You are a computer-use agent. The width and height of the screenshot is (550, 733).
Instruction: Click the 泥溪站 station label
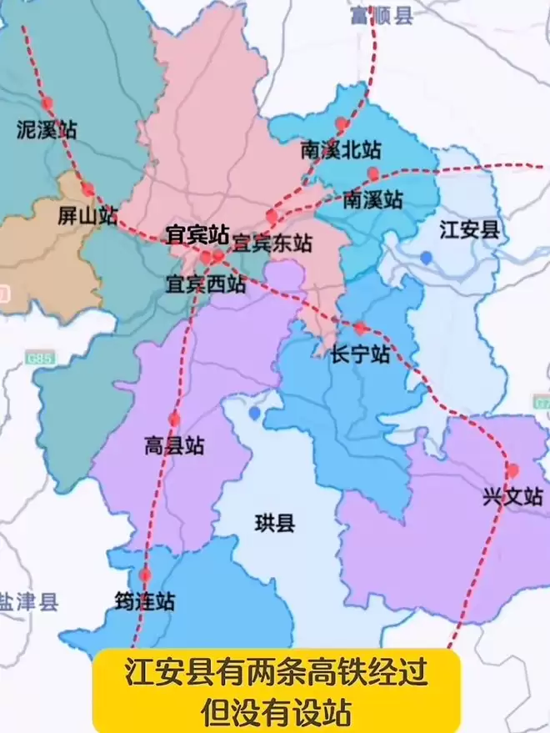pos(47,129)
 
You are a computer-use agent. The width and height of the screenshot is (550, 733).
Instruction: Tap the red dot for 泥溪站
pos(47,103)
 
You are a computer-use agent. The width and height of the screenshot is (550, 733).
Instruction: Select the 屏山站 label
pos(86,215)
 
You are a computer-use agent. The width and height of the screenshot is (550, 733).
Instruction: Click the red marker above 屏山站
pos(87,189)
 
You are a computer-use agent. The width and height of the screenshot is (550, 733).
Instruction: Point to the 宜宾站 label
pos(197,233)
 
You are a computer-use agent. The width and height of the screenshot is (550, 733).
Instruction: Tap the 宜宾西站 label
pos(206,284)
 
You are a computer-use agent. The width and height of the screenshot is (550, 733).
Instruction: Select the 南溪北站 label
pos(341,150)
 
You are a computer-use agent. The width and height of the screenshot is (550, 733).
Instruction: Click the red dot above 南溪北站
pos(341,124)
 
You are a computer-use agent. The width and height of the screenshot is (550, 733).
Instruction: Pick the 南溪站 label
pos(372,200)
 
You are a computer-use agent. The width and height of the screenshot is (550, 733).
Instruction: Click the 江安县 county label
pos(469,229)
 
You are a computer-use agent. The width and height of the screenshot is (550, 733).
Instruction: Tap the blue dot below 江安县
pos(427,258)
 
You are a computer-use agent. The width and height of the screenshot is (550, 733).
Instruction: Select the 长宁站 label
pos(360,354)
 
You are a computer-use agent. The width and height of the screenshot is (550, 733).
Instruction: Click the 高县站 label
pos(174,446)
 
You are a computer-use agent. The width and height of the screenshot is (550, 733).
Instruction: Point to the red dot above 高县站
pos(174,419)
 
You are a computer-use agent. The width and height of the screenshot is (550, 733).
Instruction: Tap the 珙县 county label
pos(274,524)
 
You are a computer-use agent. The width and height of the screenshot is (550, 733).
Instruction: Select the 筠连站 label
pos(145,600)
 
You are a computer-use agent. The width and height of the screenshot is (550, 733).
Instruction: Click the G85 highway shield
pos(38,359)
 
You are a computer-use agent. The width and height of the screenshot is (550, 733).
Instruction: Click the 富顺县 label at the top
pos(381,15)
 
